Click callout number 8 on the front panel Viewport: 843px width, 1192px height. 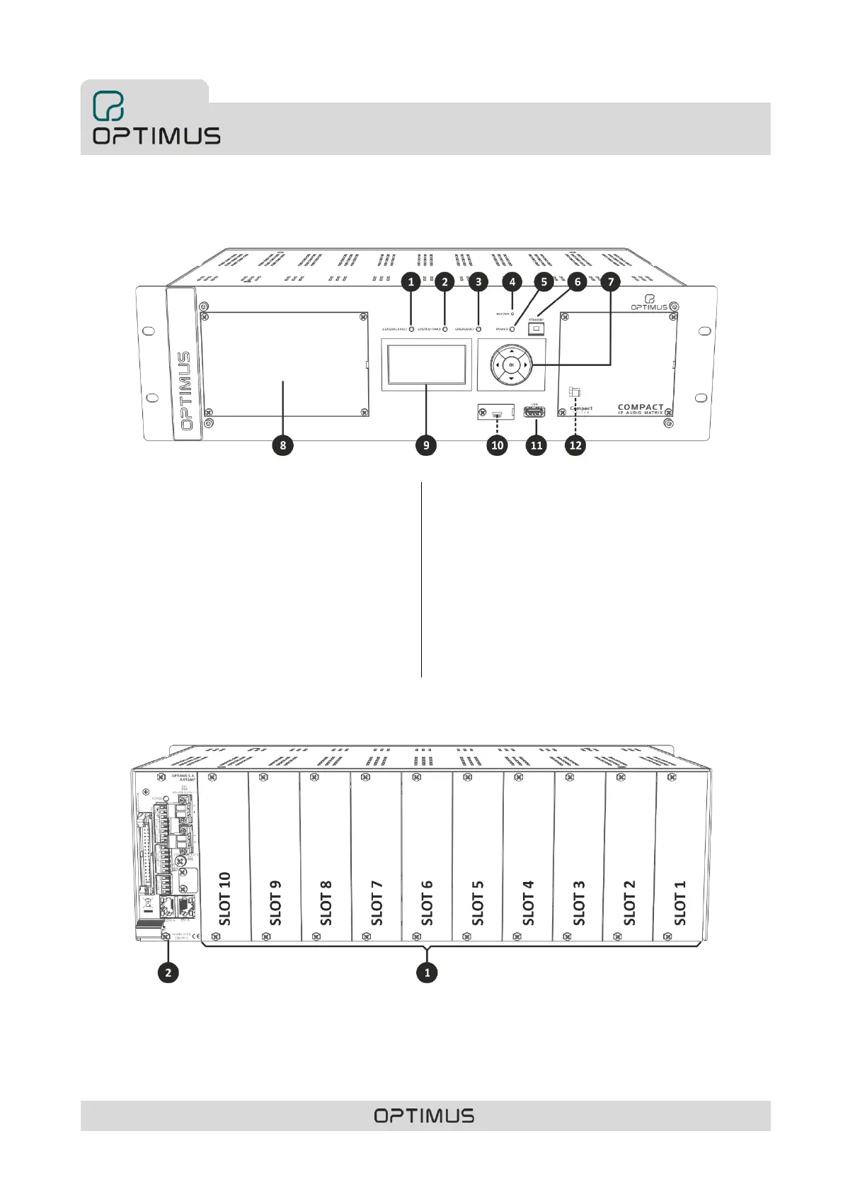pos(283,445)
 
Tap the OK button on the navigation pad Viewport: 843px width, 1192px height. pos(511,365)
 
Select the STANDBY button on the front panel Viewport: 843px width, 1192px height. pos(536,328)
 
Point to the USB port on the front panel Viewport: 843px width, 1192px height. pos(534,411)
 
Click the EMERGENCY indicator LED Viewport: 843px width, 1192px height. pos(479,329)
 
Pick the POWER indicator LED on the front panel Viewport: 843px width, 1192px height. pos(512,329)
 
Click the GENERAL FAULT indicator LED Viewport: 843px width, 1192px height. pos(412,329)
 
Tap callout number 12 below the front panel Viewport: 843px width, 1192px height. pos(575,445)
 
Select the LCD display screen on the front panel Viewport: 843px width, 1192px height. pos(426,364)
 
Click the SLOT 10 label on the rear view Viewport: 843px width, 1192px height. pos(225,898)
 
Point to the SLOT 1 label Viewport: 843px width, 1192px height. pos(680,903)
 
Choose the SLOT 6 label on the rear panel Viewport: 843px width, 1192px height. pos(427,903)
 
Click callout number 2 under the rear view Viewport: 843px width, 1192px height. pos(168,973)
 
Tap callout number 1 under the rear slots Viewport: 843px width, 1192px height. pos(427,973)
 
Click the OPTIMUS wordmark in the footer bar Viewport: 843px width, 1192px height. pos(425,1116)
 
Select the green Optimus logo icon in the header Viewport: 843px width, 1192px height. pos(108,106)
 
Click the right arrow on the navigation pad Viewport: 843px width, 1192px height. pos(525,365)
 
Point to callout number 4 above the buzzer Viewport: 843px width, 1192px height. pos(512,282)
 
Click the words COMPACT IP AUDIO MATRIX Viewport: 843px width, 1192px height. pos(641,409)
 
